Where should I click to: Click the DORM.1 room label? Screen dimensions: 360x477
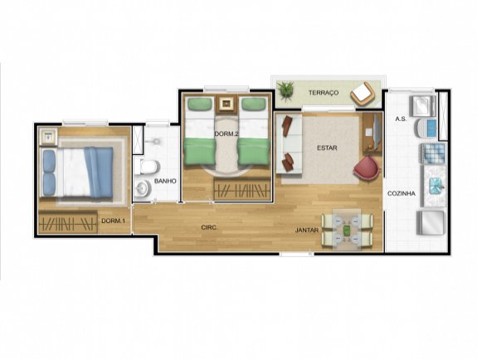pyautogui.click(x=113, y=221)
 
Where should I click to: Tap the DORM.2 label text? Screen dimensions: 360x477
pyautogui.click(x=226, y=134)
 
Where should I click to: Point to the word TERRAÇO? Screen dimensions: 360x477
pyautogui.click(x=324, y=93)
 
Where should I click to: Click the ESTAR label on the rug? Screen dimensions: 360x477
pyautogui.click(x=327, y=148)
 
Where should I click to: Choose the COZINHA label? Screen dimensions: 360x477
pyautogui.click(x=401, y=193)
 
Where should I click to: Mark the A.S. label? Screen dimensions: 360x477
pyautogui.click(x=399, y=119)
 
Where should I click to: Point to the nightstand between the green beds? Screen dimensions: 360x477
pyautogui.click(x=226, y=105)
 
